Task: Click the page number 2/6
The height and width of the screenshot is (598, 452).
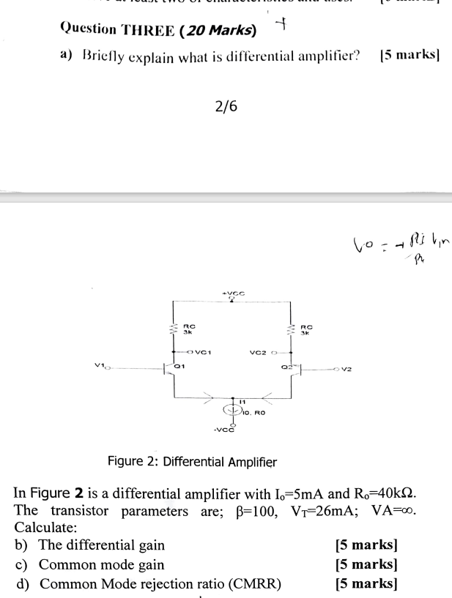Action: pyautogui.click(x=226, y=107)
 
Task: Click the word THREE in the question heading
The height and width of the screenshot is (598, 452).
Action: pyautogui.click(x=151, y=30)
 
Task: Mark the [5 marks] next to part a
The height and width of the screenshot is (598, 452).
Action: pyautogui.click(x=410, y=57)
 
